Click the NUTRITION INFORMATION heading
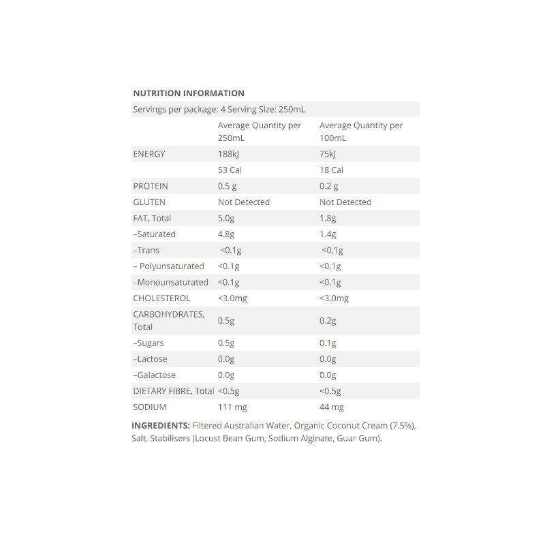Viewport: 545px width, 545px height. click(189, 93)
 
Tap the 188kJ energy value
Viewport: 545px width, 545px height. click(229, 154)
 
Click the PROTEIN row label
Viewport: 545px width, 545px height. click(151, 186)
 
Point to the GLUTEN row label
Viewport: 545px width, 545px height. click(149, 202)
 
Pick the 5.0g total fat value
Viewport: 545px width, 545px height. click(227, 218)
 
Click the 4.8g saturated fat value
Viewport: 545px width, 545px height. click(227, 234)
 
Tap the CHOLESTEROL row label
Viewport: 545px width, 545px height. click(162, 298)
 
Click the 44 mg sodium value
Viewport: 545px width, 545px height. click(332, 407)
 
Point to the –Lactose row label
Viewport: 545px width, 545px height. click(150, 359)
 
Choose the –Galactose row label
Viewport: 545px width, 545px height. click(155, 375)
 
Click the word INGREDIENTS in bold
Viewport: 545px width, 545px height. click(160, 426)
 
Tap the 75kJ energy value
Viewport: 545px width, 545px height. click(328, 154)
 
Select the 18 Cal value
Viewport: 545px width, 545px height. click(332, 170)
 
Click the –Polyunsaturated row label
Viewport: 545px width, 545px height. click(168, 266)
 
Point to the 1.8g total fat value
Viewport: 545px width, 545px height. click(328, 218)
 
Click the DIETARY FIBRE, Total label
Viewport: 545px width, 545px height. click(173, 391)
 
